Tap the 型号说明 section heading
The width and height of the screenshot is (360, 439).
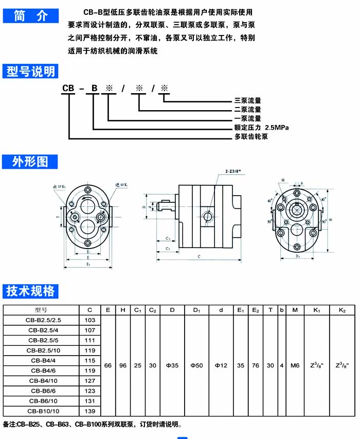30,71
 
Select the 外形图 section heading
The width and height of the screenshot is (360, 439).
30,162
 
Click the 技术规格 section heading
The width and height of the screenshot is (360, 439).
30,292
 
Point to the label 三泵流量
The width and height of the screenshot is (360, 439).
247,100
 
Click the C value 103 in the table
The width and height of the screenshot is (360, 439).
90,320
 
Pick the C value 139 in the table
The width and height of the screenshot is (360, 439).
90,411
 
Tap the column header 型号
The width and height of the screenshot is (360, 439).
42,310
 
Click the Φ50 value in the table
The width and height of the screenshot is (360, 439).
196,365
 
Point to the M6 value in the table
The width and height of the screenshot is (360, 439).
295,365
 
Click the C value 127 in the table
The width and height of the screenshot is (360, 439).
90,380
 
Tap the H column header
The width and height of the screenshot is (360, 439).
122,310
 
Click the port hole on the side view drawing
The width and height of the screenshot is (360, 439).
207,216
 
